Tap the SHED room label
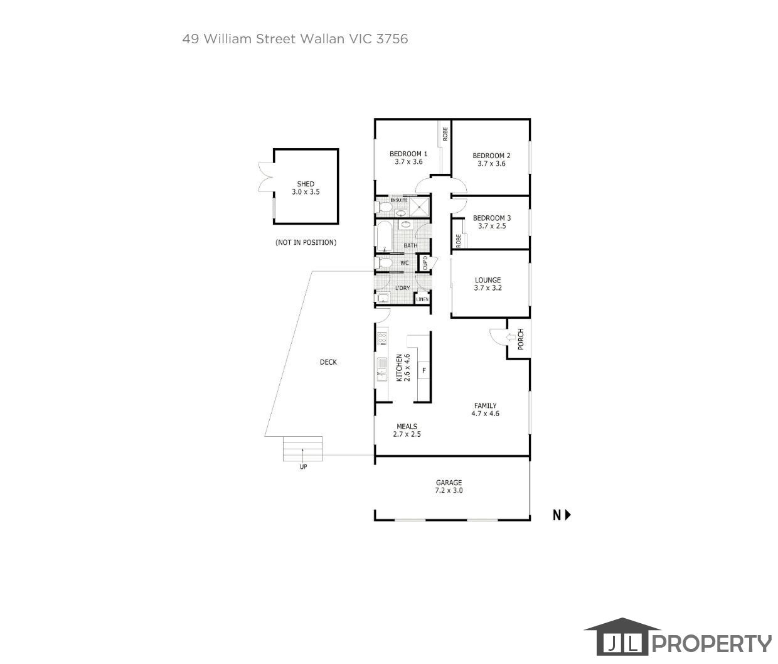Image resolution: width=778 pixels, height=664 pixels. [x=306, y=184]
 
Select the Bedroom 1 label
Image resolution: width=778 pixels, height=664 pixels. [x=408, y=154]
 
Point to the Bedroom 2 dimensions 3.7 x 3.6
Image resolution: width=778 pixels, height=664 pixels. [x=491, y=164]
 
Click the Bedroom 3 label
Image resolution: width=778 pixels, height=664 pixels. [x=491, y=218]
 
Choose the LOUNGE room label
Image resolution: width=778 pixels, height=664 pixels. [x=488, y=280]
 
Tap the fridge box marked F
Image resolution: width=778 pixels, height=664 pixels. [x=424, y=370]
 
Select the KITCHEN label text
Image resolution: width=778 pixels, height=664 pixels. [x=399, y=367]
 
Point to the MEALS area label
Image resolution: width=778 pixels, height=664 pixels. [x=407, y=426]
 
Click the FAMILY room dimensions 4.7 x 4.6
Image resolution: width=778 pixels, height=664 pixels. [x=485, y=414]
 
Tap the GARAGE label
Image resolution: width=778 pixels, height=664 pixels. [x=449, y=483]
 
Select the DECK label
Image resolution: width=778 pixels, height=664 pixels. [x=328, y=362]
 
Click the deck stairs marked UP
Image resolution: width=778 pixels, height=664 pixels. [x=303, y=449]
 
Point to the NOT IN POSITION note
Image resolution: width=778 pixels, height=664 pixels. [x=306, y=242]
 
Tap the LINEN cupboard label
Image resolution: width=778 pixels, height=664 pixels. [x=422, y=299]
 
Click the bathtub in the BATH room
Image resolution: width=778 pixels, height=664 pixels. [x=384, y=237]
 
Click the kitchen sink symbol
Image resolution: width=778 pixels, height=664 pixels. [x=381, y=368]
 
